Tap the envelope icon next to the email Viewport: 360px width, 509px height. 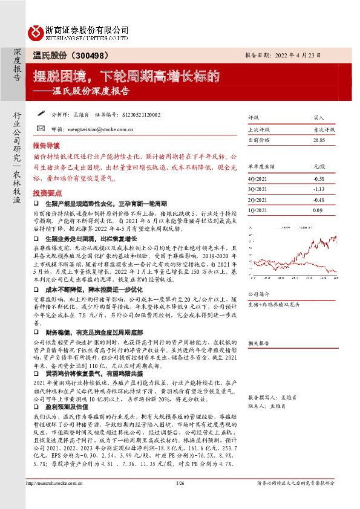click(x=40, y=128)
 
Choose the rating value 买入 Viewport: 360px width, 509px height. click(x=318, y=118)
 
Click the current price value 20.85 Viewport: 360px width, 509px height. click(x=318, y=140)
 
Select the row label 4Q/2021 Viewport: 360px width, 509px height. click(x=258, y=178)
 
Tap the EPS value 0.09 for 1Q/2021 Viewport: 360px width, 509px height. click(x=318, y=210)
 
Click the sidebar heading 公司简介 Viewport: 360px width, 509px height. click(x=258, y=294)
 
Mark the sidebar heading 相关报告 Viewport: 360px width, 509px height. click(x=258, y=342)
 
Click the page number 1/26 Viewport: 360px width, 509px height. click(x=179, y=501)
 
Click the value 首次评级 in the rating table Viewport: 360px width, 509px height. click(x=322, y=129)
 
